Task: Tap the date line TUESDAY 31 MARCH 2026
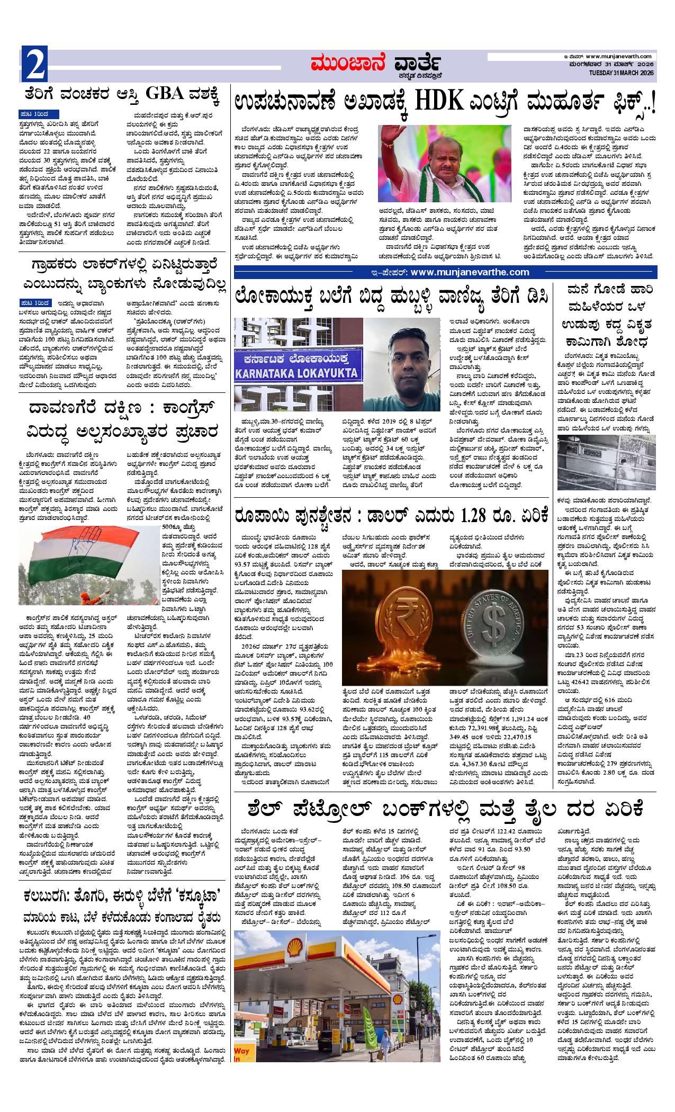623,72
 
